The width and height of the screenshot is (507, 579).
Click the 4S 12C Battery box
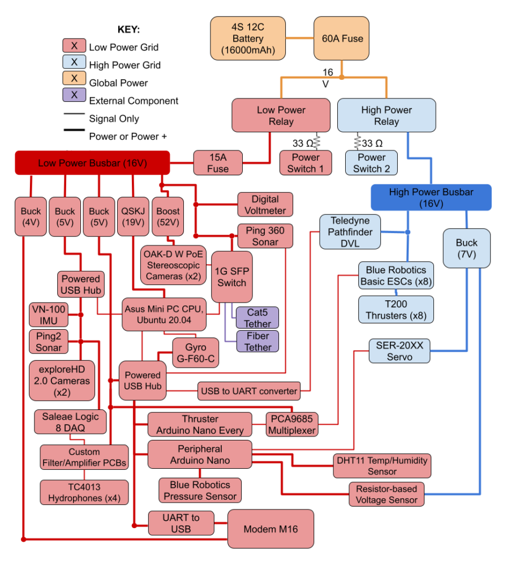coord(248,38)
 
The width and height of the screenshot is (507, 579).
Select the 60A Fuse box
coord(342,38)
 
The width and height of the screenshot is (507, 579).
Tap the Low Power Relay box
coord(281,115)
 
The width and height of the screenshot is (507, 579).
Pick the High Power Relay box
coord(386,115)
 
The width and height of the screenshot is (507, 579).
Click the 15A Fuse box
coord(218,162)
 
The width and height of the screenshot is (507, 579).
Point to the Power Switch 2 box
coord(371,163)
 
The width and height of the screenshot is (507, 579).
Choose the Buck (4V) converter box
coord(31,217)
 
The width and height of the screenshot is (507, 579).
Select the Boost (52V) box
coord(167,217)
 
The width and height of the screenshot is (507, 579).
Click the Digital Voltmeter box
coord(265,205)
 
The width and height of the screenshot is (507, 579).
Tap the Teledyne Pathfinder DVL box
coord(350,232)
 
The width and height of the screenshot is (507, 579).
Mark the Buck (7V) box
coord(466,248)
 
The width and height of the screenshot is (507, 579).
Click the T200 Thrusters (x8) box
coord(396,310)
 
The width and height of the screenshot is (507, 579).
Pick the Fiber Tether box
coord(258,341)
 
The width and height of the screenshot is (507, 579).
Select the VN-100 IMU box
coord(48,315)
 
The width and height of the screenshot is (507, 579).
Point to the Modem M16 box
coord(270,529)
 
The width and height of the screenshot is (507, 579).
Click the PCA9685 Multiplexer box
coord(293,424)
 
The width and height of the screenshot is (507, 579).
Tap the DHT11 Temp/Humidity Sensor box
coord(382,465)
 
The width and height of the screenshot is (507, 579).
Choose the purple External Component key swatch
coord(74,95)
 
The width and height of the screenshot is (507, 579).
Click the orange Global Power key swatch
coord(74,77)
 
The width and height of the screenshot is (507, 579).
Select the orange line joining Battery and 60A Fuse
coord(299,38)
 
